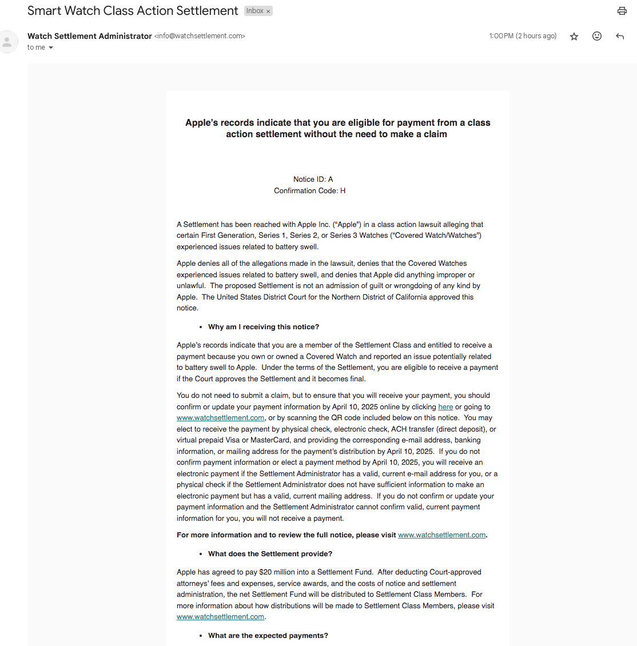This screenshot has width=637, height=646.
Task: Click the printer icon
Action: (x=622, y=11)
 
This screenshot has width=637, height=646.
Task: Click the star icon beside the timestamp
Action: (x=574, y=37)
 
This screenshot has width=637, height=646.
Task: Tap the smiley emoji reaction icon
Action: (x=597, y=36)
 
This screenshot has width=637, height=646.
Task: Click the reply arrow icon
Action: (x=620, y=37)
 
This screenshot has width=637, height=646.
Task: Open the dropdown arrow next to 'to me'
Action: (x=51, y=48)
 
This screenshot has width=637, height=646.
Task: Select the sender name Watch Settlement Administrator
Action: (x=90, y=36)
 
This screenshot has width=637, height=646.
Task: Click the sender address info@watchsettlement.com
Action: (x=200, y=36)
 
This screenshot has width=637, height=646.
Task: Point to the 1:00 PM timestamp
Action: (x=523, y=36)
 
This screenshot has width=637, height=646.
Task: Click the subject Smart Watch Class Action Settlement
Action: (x=133, y=11)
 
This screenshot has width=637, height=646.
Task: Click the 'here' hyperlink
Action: (x=445, y=407)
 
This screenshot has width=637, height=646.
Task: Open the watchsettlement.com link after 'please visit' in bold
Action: (x=441, y=535)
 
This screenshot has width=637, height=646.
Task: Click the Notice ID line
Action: (x=313, y=180)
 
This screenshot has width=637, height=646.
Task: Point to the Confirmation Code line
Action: (x=309, y=191)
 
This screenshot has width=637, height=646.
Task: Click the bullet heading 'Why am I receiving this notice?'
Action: (x=264, y=327)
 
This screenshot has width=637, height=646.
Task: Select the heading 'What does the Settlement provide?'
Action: (x=270, y=554)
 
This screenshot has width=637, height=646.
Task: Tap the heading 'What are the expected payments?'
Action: (x=268, y=636)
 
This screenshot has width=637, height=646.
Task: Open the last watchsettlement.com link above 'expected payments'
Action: (x=220, y=617)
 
